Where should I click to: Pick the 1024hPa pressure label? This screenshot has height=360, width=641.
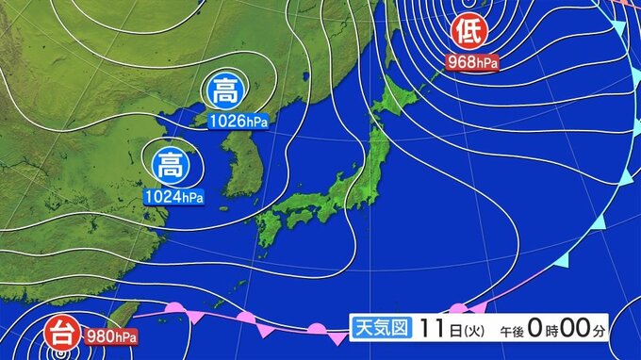[173, 196]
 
